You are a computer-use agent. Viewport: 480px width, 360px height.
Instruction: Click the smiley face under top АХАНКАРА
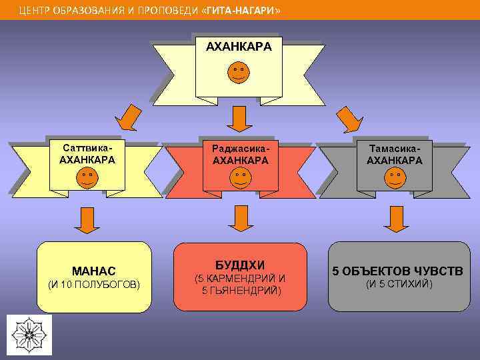[239, 72]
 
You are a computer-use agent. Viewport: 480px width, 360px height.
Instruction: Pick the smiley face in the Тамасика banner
[394, 177]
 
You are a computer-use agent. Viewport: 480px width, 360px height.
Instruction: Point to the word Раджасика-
[240, 148]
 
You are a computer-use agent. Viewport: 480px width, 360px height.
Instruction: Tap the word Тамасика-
[395, 148]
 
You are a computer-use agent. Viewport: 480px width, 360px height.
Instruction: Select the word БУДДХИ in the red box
[240, 265]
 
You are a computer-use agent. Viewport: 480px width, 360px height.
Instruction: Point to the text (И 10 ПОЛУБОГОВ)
[94, 285]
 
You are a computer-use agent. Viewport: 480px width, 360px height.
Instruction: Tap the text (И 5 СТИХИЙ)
[399, 285]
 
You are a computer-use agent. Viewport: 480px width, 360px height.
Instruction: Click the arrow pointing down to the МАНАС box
[87, 220]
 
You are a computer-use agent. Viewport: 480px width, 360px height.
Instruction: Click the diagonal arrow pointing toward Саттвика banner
[128, 119]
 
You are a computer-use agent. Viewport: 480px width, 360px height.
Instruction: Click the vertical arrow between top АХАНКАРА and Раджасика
[239, 119]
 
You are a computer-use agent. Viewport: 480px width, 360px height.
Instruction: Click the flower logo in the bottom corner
[29, 333]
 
